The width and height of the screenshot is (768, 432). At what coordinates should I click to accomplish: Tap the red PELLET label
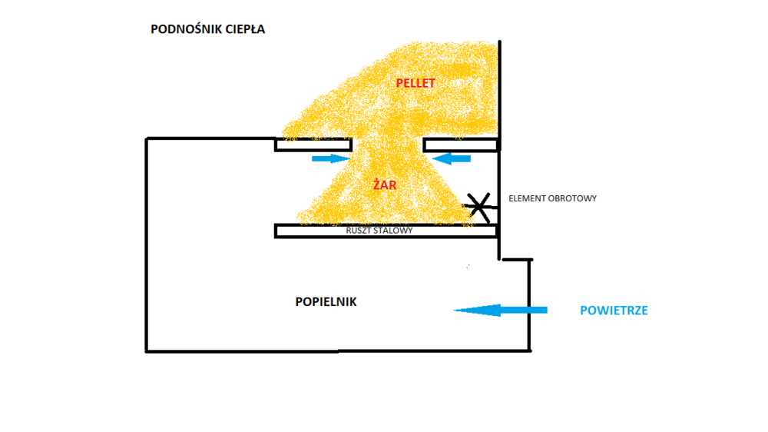point(415,83)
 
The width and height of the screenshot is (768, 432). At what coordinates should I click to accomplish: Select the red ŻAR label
point(384,185)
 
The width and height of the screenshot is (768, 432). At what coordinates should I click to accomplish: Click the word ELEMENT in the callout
point(527,198)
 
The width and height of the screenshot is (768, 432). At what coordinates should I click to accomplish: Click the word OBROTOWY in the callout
point(572,198)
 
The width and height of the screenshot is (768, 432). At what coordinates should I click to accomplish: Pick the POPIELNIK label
point(326,302)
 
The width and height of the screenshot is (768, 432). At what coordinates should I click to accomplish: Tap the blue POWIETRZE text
point(614,311)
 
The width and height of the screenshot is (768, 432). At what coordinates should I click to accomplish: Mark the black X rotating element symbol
point(478,204)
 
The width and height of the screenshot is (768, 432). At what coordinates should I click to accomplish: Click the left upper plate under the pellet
point(313,145)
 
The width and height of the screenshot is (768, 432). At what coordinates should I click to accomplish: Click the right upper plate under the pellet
point(461,145)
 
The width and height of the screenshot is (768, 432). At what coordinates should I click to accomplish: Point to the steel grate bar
point(307,231)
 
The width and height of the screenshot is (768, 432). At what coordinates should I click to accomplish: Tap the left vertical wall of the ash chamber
point(147,246)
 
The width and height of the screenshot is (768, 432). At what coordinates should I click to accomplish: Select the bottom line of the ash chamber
point(338,351)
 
